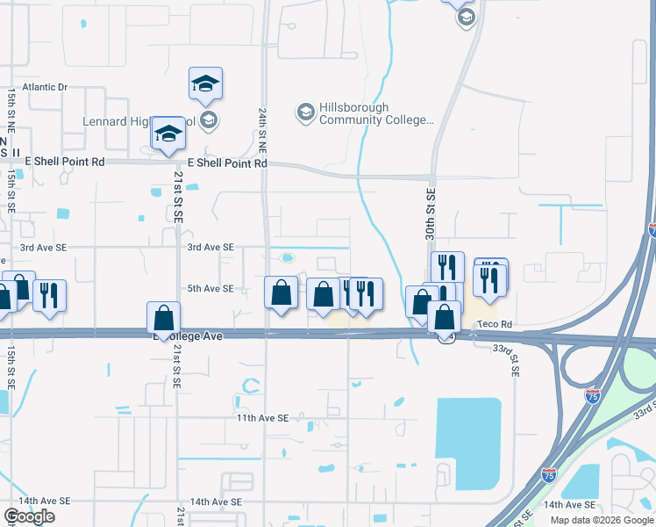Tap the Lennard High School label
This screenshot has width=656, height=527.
point(117,121)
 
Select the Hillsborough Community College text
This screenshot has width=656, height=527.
point(377,113)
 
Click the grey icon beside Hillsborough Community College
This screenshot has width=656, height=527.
point(305,112)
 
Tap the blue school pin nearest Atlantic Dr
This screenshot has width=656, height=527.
point(206,84)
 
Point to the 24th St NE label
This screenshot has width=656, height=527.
point(262,132)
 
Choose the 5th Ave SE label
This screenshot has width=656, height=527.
point(210,289)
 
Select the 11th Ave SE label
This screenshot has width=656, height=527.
point(262,419)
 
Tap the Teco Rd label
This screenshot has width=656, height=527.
point(496,324)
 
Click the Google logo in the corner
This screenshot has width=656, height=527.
point(29,516)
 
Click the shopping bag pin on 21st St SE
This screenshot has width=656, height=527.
point(164,319)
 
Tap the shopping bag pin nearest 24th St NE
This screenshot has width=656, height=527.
point(281,292)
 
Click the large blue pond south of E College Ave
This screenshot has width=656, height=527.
point(468,443)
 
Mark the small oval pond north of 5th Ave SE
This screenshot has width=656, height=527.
point(288,258)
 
